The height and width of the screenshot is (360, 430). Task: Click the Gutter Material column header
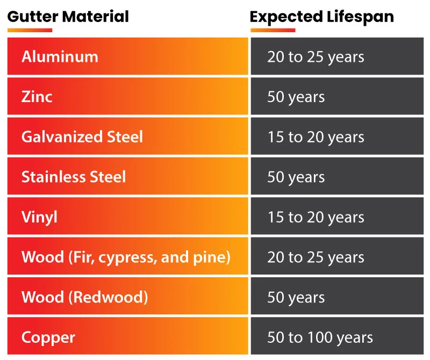68,17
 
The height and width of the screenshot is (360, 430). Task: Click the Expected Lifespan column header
321,17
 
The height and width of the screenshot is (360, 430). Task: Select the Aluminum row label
60,56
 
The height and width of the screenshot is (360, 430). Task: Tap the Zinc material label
37,97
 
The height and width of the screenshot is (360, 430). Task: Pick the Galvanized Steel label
82,136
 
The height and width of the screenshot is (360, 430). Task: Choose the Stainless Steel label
74,177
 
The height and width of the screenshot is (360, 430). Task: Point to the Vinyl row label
39,217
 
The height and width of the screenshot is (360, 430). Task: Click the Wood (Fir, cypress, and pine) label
126,257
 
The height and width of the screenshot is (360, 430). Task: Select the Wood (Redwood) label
84,297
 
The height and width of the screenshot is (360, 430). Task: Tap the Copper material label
48,337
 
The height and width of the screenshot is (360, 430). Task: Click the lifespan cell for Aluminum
316,56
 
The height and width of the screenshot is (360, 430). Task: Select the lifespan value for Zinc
296,97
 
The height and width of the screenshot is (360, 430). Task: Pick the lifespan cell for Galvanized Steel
316,136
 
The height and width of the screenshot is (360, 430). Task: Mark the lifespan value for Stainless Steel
296,177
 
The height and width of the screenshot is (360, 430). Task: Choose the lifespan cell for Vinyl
316,217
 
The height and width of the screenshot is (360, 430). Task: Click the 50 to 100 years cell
320,337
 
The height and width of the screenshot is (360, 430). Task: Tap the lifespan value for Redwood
296,297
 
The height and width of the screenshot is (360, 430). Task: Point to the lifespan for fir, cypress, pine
316,257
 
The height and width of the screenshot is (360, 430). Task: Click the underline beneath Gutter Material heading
30,30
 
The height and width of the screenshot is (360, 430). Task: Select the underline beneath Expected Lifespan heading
273,30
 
